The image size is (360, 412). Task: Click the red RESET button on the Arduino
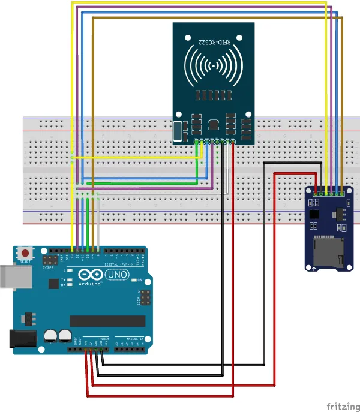tap(25, 252)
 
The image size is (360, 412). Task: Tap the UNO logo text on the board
tap(113, 275)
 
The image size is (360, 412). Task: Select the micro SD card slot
tap(329, 250)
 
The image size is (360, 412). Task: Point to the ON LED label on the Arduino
tap(139, 280)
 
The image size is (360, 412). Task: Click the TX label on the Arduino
tap(63, 280)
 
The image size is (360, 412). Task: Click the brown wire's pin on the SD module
tap(341, 193)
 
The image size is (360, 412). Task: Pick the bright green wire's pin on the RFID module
tap(197, 142)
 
